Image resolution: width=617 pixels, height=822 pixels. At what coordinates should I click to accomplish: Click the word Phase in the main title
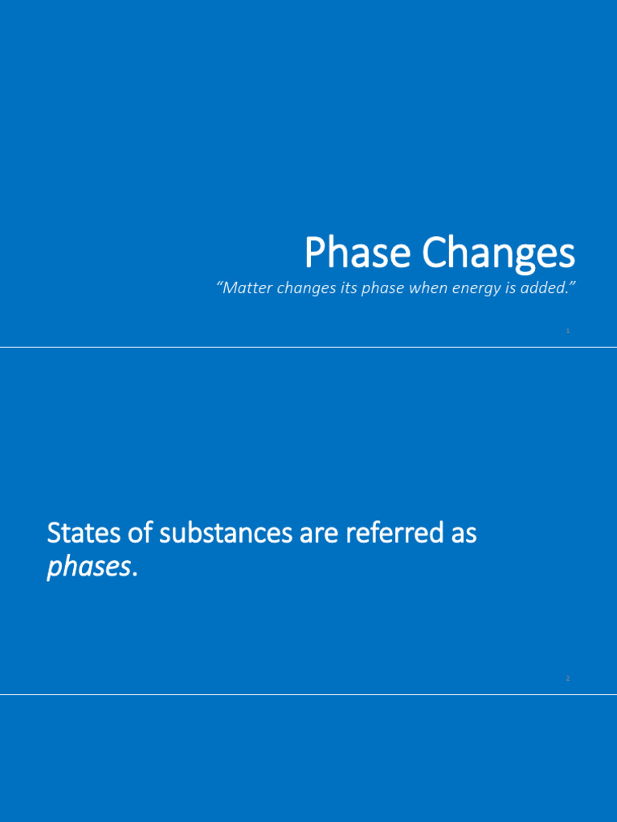[359, 254]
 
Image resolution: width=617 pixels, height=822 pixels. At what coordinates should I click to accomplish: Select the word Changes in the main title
[499, 254]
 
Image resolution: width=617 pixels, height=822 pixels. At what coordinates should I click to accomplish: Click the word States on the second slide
[84, 533]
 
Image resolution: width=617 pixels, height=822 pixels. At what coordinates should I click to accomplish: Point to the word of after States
[139, 533]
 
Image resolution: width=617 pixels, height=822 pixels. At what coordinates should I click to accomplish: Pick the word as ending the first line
[464, 533]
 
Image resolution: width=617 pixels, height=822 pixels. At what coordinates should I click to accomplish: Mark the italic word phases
[87, 568]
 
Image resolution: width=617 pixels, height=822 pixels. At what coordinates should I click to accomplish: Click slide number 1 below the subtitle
[568, 331]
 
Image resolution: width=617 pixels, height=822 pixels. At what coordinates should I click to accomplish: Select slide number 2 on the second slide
[568, 678]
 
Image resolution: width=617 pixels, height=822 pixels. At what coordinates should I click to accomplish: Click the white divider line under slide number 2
[308, 694]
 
